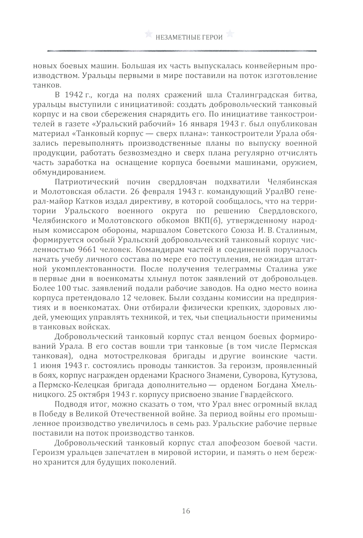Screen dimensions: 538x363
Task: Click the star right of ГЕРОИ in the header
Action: click(x=229, y=34)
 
